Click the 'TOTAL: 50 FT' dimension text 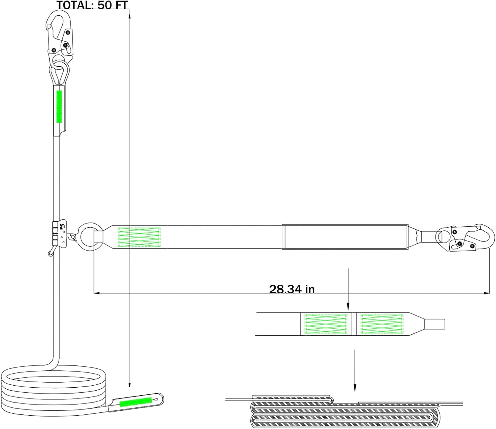92,5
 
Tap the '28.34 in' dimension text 292,289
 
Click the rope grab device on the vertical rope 60,234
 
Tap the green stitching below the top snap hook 60,107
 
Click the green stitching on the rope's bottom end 136,402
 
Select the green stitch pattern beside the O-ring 139,237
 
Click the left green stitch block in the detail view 326,324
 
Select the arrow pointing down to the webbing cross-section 355,371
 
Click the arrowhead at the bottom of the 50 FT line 130,385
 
